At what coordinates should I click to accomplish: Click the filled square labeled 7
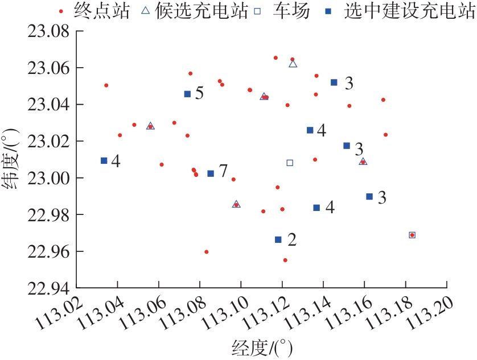point(211,173)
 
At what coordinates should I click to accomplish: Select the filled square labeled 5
point(187,94)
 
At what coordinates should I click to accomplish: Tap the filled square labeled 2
point(278,239)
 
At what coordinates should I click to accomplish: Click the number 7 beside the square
point(223,171)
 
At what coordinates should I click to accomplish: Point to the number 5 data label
point(199,93)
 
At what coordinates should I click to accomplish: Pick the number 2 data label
point(292,239)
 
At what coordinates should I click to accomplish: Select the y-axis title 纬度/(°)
point(13,160)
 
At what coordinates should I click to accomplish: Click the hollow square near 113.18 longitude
point(412,235)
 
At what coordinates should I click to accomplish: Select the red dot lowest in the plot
point(285,260)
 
